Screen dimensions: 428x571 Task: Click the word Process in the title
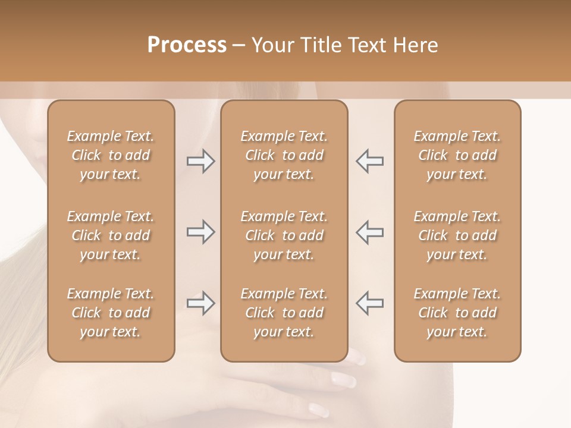pyautogui.click(x=187, y=45)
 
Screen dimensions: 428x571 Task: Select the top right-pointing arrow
pyautogui.click(x=200, y=161)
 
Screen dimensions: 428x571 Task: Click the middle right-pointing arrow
pyautogui.click(x=200, y=232)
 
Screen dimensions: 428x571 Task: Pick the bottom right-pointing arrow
pyautogui.click(x=200, y=303)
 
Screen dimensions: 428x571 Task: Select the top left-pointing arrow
pyautogui.click(x=369, y=161)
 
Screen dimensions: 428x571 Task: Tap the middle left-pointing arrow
pyautogui.click(x=369, y=232)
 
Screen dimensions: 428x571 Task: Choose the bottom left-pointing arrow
pyautogui.click(x=369, y=303)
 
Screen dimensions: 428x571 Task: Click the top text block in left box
pyautogui.click(x=111, y=155)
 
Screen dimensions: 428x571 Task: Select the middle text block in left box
pyautogui.click(x=111, y=235)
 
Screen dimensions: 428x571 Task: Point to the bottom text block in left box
pyautogui.click(x=111, y=313)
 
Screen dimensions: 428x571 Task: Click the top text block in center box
pyautogui.click(x=284, y=155)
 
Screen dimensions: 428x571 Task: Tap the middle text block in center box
pyautogui.click(x=284, y=235)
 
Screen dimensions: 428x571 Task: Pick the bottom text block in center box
pyautogui.click(x=284, y=313)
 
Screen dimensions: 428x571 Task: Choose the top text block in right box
pyautogui.click(x=457, y=155)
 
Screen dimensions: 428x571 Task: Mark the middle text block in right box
pyautogui.click(x=457, y=235)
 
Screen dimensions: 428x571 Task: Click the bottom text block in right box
pyautogui.click(x=457, y=313)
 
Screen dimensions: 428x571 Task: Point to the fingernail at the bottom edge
pyautogui.click(x=318, y=409)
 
